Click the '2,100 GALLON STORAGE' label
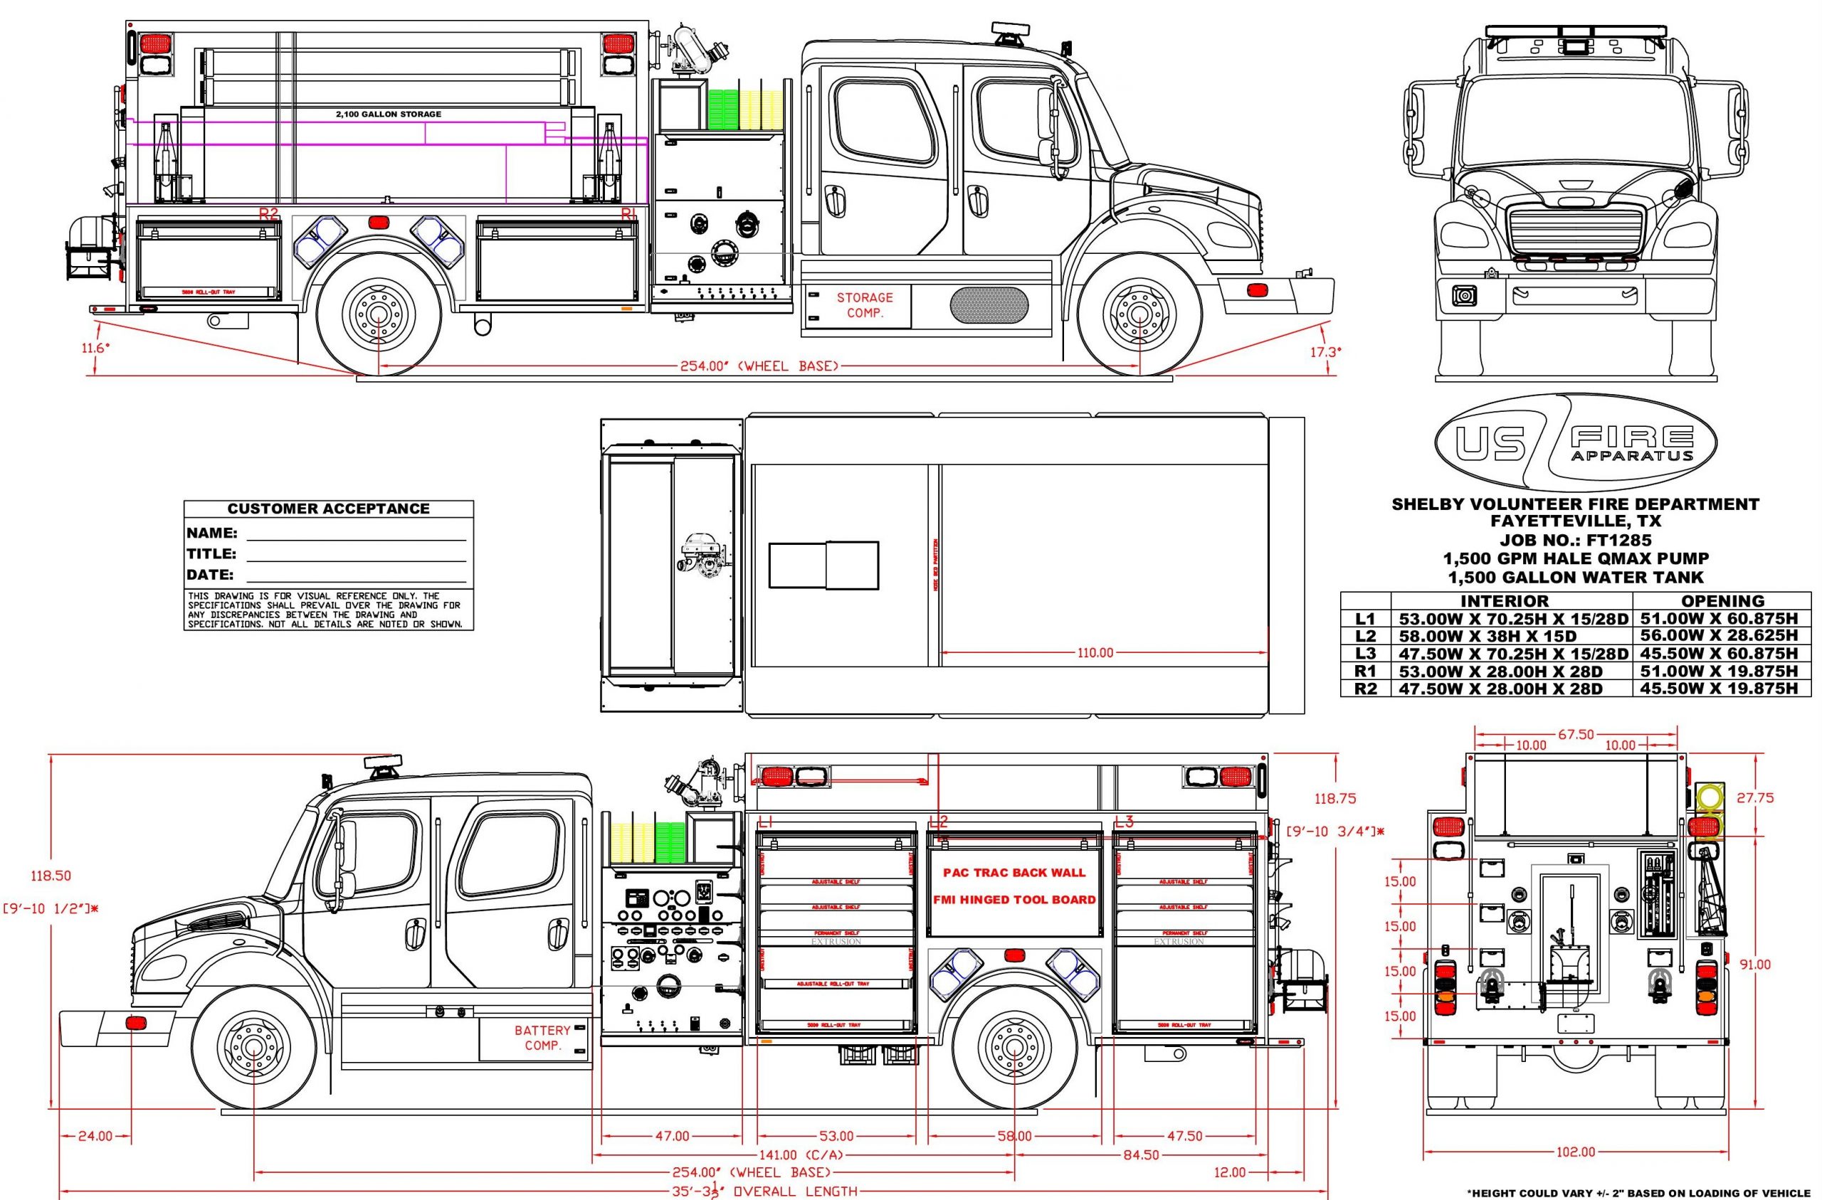(x=388, y=114)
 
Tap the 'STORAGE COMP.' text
(x=864, y=304)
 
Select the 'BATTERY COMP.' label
(x=542, y=1038)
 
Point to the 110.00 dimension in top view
(x=1095, y=653)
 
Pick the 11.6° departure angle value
(x=97, y=347)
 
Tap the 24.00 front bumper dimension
(x=94, y=1137)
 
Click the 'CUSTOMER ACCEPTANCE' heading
(x=328, y=509)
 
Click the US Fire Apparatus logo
(x=1575, y=444)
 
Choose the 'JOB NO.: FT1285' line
(x=1575, y=540)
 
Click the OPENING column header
(x=1722, y=601)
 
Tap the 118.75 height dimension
(x=1335, y=799)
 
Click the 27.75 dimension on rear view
(x=1754, y=797)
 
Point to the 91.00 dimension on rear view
(x=1754, y=965)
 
